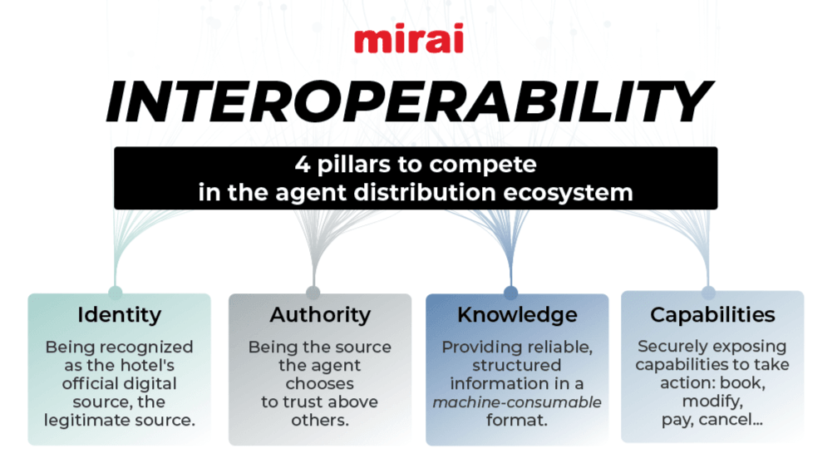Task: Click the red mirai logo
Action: click(409, 38)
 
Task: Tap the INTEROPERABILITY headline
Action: click(409, 102)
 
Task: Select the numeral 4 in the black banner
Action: click(303, 165)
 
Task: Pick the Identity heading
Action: click(120, 315)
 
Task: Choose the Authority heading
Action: click(320, 315)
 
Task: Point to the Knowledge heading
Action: click(517, 315)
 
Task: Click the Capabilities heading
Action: click(712, 315)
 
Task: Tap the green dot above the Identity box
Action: click(116, 293)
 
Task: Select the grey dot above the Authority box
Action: click(313, 293)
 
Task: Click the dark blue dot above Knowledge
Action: click(510, 293)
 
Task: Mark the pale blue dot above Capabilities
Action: click(708, 293)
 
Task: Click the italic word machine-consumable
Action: click(517, 402)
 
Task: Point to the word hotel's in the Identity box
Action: click(145, 366)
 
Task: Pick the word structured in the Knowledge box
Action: click(517, 366)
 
